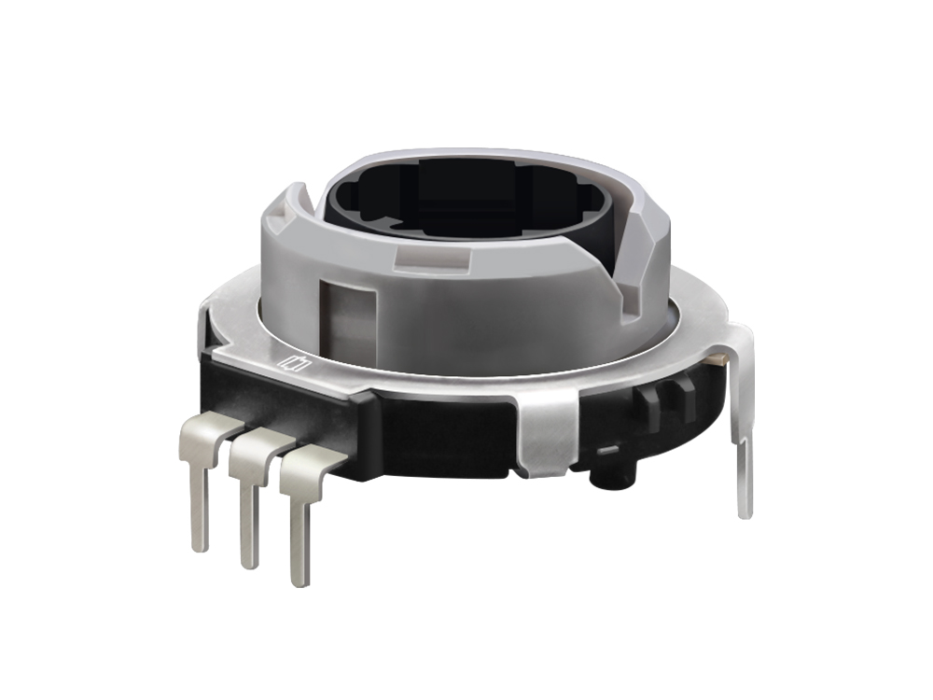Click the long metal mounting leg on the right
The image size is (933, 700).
pyautogui.click(x=743, y=420)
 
